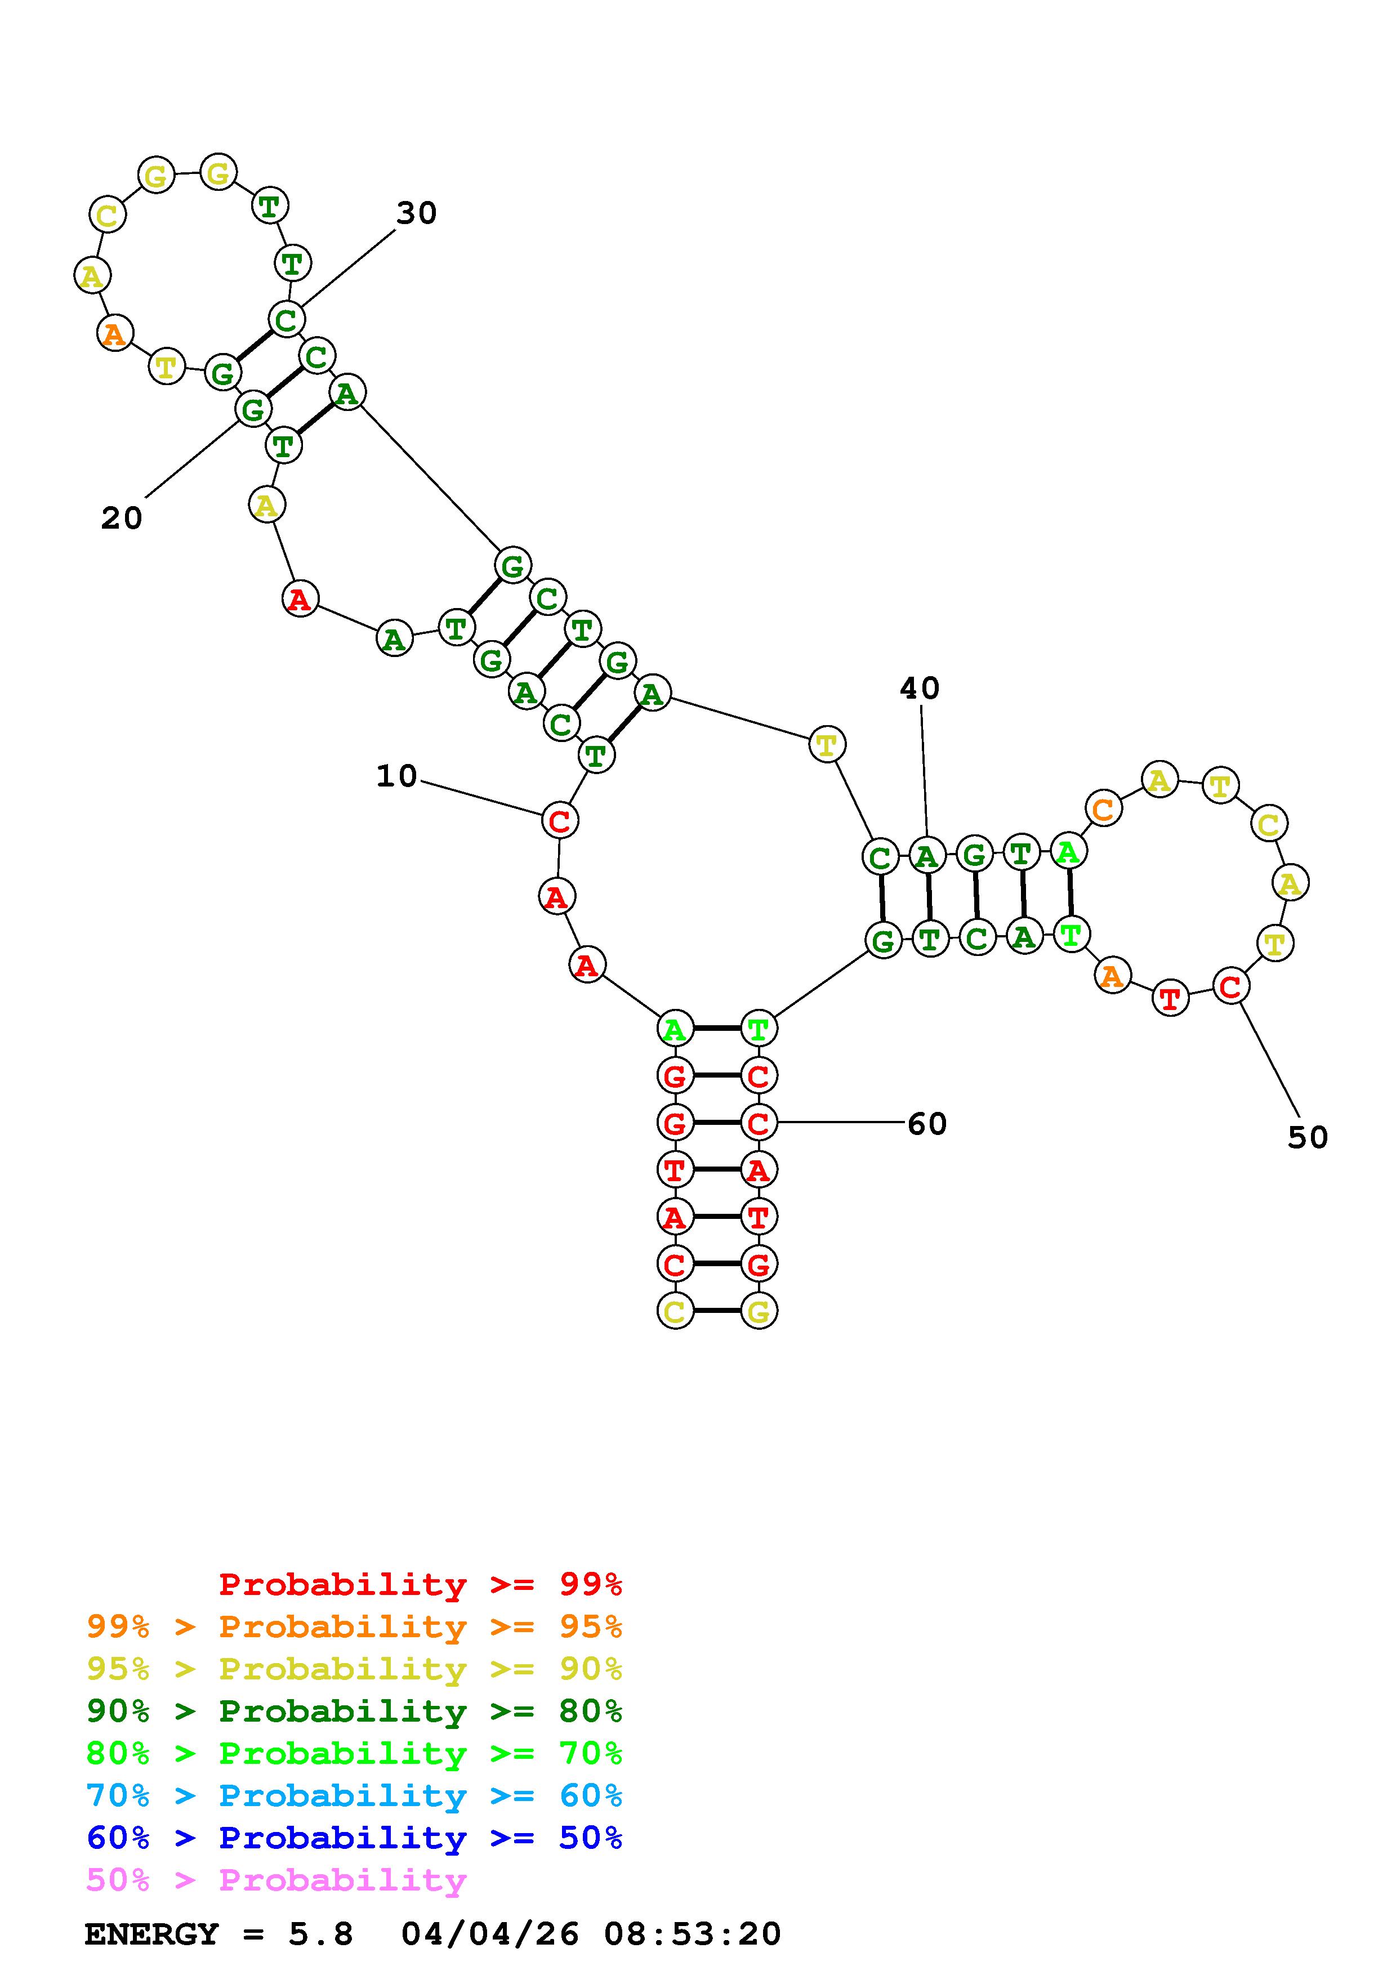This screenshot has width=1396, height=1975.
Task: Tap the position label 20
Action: coord(121,519)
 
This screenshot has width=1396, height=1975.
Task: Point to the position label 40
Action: coord(920,688)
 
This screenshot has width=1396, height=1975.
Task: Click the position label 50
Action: coord(1308,1138)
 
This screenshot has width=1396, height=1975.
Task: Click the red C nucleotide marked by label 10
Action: coord(559,821)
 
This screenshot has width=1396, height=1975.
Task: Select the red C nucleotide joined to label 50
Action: coord(1230,986)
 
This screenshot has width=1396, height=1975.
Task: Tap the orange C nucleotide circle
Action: coord(1104,808)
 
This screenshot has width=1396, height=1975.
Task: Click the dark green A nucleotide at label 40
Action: coord(926,856)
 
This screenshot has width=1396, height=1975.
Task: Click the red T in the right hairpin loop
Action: coord(1170,999)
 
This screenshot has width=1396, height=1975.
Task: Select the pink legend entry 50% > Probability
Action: coord(276,1880)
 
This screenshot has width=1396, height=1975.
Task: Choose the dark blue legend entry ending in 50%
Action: coord(354,1838)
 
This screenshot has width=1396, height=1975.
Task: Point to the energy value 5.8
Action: coord(321,1934)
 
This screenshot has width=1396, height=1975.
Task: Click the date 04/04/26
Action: coord(490,1934)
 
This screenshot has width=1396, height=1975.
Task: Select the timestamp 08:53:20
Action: coord(693,1934)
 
